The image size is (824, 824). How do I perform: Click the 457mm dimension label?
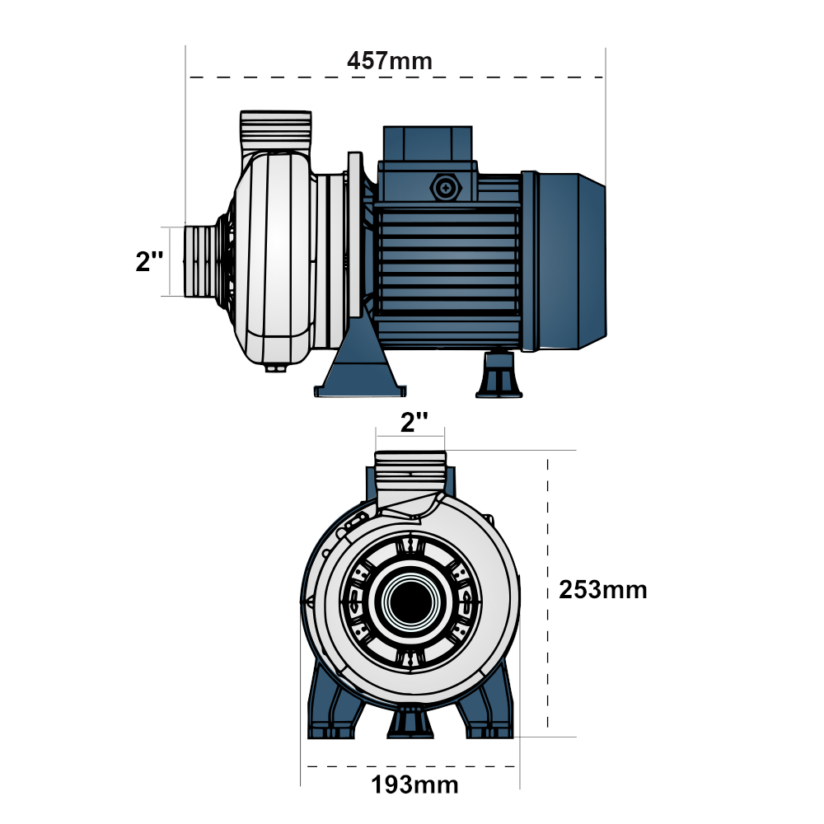point(390,61)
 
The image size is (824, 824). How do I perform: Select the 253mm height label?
point(602,590)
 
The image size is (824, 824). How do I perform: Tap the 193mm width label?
point(414,784)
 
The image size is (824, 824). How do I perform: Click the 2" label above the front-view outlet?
point(414,422)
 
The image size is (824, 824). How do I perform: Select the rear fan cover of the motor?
point(569,260)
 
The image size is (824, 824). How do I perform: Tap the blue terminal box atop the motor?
point(427,144)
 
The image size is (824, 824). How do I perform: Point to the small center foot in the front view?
point(410,722)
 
